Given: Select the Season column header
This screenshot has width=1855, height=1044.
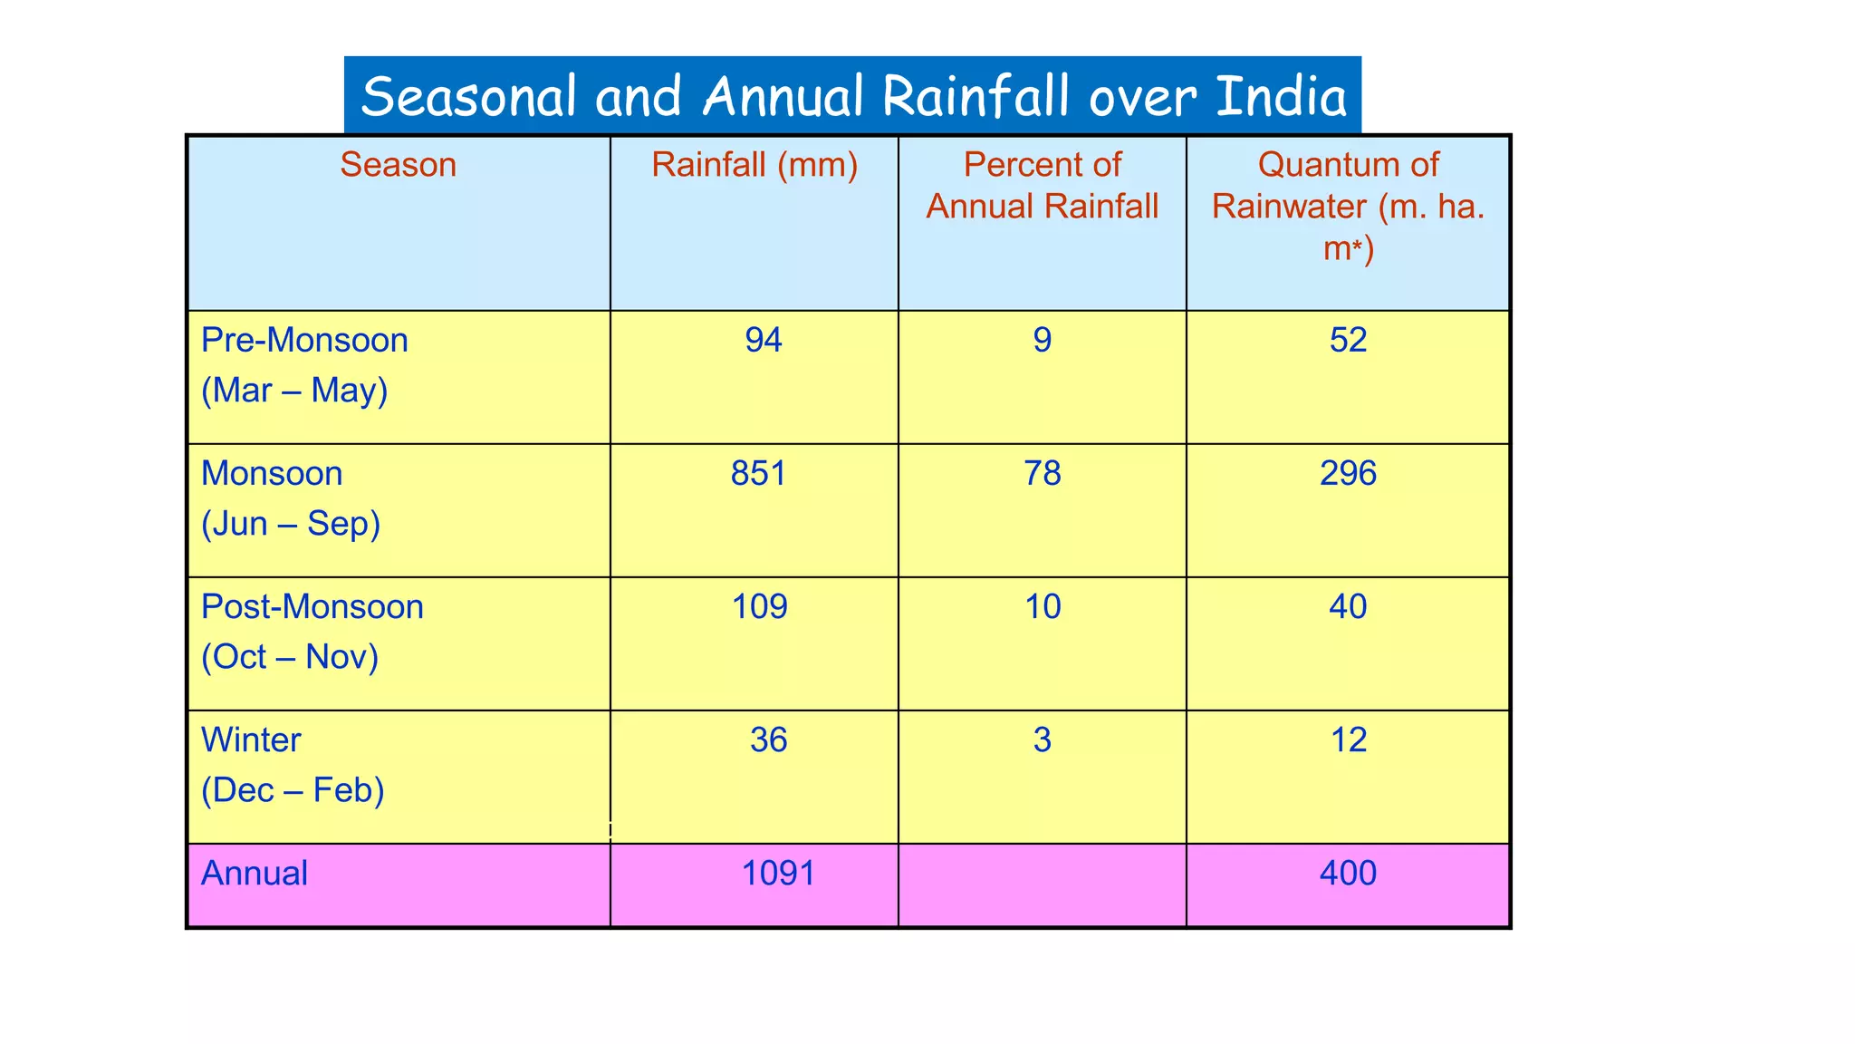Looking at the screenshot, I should tap(398, 165).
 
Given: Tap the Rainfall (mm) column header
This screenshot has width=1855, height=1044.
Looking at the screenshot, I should tap(754, 165).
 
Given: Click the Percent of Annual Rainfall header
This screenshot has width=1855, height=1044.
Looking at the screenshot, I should tap(1042, 186).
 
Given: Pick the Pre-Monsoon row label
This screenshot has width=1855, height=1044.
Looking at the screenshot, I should tap(304, 341).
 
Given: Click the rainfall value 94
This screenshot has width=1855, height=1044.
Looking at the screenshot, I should tap(764, 341).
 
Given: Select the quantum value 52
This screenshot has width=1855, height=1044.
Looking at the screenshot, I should tap(1348, 341).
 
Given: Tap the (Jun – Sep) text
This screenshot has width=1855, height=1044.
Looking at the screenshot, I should tap(290, 524).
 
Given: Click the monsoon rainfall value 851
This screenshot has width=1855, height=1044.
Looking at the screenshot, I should tap(759, 474).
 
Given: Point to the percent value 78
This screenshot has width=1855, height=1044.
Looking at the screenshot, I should tap(1042, 474).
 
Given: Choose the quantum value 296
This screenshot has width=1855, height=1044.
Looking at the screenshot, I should tap(1348, 474).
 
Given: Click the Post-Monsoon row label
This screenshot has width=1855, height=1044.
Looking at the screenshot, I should tap(312, 607).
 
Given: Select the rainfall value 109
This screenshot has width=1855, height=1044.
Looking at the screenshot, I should tap(759, 607).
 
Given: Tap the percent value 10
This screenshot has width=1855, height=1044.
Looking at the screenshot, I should tap(1042, 607).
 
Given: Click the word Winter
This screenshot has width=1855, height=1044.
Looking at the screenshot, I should tap(251, 740).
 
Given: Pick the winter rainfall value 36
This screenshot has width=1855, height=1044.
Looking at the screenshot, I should tap(768, 740).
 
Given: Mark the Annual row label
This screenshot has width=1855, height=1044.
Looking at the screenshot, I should tap(255, 874).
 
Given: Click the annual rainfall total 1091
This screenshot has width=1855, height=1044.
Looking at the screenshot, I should tap(778, 874).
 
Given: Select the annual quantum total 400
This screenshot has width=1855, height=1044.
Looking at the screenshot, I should tap(1348, 874).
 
